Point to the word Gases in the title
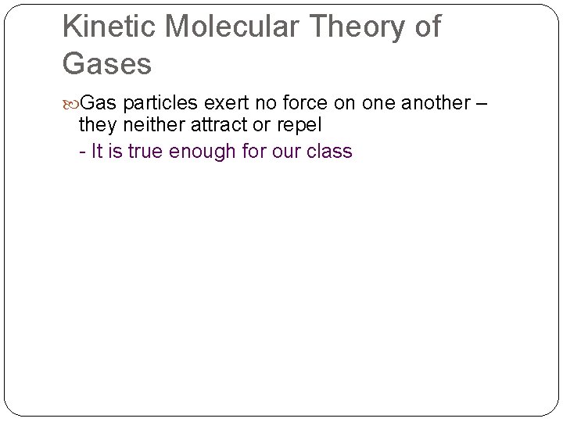click(106, 64)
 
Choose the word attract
click(221, 126)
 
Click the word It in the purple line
click(97, 151)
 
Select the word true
click(145, 151)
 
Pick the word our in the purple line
click(285, 151)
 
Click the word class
click(330, 151)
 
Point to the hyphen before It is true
click(83, 152)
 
